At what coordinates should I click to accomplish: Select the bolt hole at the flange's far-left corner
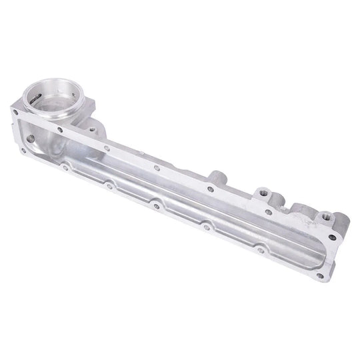click(15, 112)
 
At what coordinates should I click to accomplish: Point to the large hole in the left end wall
click(30, 139)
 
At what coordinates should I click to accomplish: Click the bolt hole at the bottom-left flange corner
click(23, 151)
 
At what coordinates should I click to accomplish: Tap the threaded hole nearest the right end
click(326, 216)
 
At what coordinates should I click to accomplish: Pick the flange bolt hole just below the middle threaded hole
click(268, 211)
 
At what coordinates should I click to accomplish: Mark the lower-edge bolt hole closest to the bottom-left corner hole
click(65, 168)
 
